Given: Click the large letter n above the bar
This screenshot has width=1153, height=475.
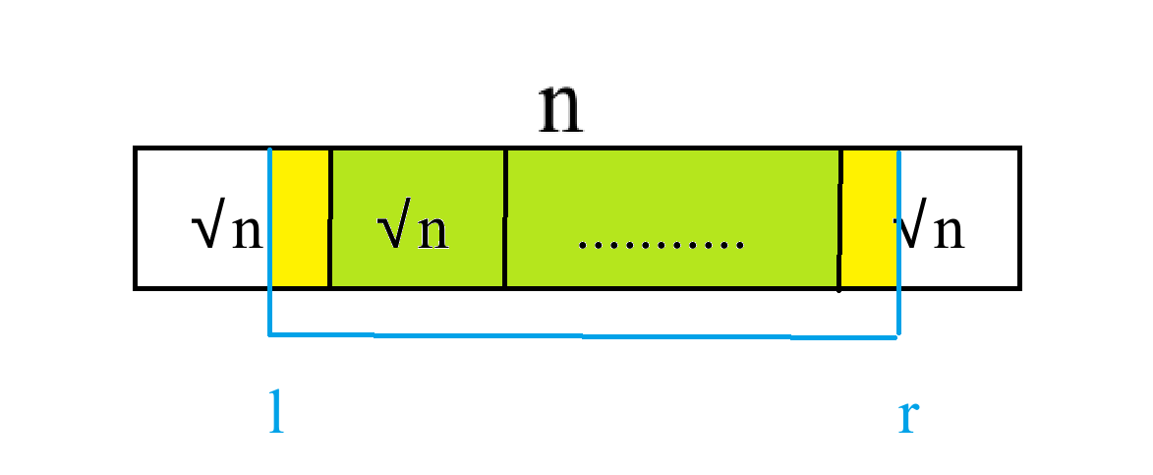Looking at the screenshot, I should coord(561,110).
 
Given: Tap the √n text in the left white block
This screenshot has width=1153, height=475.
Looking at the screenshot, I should coord(227,231).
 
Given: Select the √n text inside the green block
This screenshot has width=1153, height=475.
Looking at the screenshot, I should coord(414,231).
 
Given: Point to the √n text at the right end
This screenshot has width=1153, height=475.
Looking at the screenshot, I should coord(930,231).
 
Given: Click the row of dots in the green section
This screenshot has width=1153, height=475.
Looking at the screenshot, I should coord(661,243).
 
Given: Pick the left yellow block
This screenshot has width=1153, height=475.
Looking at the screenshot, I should coord(299,218).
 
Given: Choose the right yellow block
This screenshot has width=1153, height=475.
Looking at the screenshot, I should coord(869,218).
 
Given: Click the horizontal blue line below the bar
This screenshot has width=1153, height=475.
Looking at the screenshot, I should coord(583,336).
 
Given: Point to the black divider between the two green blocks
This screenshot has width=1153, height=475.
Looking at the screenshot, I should coord(505,218).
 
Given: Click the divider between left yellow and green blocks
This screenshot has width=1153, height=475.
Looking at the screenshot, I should coord(329,218).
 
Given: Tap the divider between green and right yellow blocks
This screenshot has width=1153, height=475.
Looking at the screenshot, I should coord(840,218).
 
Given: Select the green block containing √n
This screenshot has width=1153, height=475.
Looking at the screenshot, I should coord(417,187).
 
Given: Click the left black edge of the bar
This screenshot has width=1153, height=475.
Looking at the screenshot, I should coord(135,218).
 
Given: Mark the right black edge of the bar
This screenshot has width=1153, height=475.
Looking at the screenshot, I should coord(1019,218).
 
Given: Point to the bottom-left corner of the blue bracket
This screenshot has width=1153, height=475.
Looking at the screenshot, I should coord(270,335).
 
